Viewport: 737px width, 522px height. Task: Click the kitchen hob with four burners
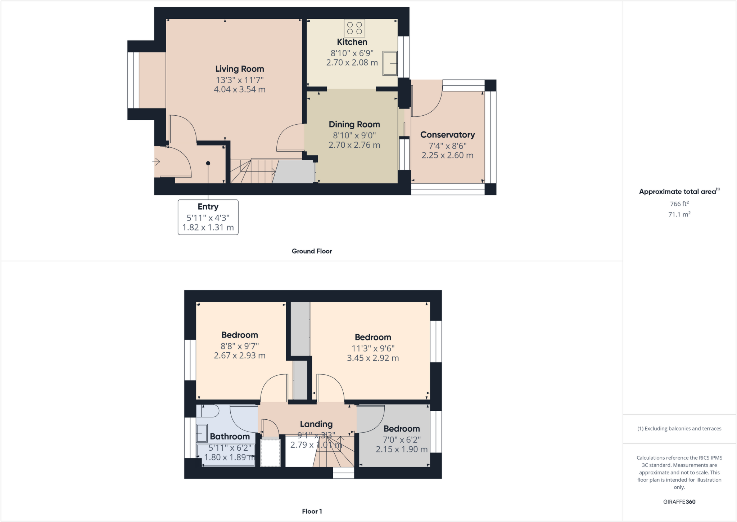(354, 28)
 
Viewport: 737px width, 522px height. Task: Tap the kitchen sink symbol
(390, 63)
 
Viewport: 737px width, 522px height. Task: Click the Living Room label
(240, 69)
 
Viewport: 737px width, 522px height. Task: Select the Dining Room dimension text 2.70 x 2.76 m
(354, 145)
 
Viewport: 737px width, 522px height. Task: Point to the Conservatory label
(447, 135)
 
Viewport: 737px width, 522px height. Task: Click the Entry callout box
(208, 217)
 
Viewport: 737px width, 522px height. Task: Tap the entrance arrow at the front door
(156, 162)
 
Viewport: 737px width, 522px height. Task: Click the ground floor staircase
(254, 171)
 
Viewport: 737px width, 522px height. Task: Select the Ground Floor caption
(312, 251)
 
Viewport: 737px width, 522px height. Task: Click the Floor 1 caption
(312, 511)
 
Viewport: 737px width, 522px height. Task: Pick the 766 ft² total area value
(679, 204)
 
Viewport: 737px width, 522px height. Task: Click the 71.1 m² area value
(679, 214)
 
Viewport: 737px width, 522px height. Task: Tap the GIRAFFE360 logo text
(679, 501)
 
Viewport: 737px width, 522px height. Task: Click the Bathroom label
(230, 437)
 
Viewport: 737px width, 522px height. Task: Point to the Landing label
(316, 424)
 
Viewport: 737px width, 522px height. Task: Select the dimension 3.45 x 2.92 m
(373, 358)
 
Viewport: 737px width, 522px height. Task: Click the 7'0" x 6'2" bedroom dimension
(402, 440)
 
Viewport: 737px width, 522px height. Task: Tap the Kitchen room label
(352, 42)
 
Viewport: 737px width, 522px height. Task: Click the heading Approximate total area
(677, 192)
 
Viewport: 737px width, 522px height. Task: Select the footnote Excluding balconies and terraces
(679, 429)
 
